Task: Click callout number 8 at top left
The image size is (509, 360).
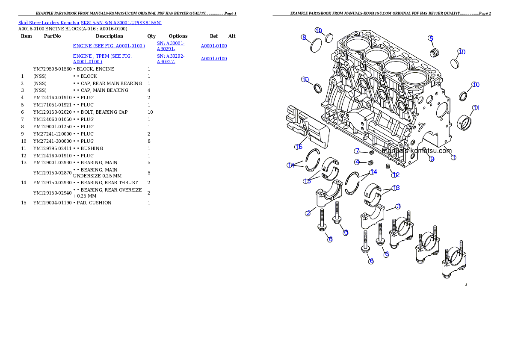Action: [x=304, y=38]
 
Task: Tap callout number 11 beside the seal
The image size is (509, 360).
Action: [x=476, y=108]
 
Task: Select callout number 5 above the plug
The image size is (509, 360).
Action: [x=431, y=38]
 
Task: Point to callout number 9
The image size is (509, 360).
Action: [x=432, y=159]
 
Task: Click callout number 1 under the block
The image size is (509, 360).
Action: [x=454, y=157]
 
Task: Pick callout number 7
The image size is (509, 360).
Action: [x=357, y=151]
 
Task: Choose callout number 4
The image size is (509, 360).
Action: [x=357, y=162]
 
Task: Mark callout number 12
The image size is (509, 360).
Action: [x=396, y=174]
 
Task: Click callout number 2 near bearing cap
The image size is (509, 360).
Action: [x=308, y=213]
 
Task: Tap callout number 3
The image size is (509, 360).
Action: [x=398, y=207]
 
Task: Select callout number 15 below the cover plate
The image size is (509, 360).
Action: [x=298, y=147]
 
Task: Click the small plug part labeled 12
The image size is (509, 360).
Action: [x=388, y=166]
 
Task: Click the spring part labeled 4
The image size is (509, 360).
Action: [x=371, y=162]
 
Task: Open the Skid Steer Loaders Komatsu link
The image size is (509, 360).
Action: [x=90, y=22]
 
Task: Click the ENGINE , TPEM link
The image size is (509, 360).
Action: [x=103, y=59]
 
